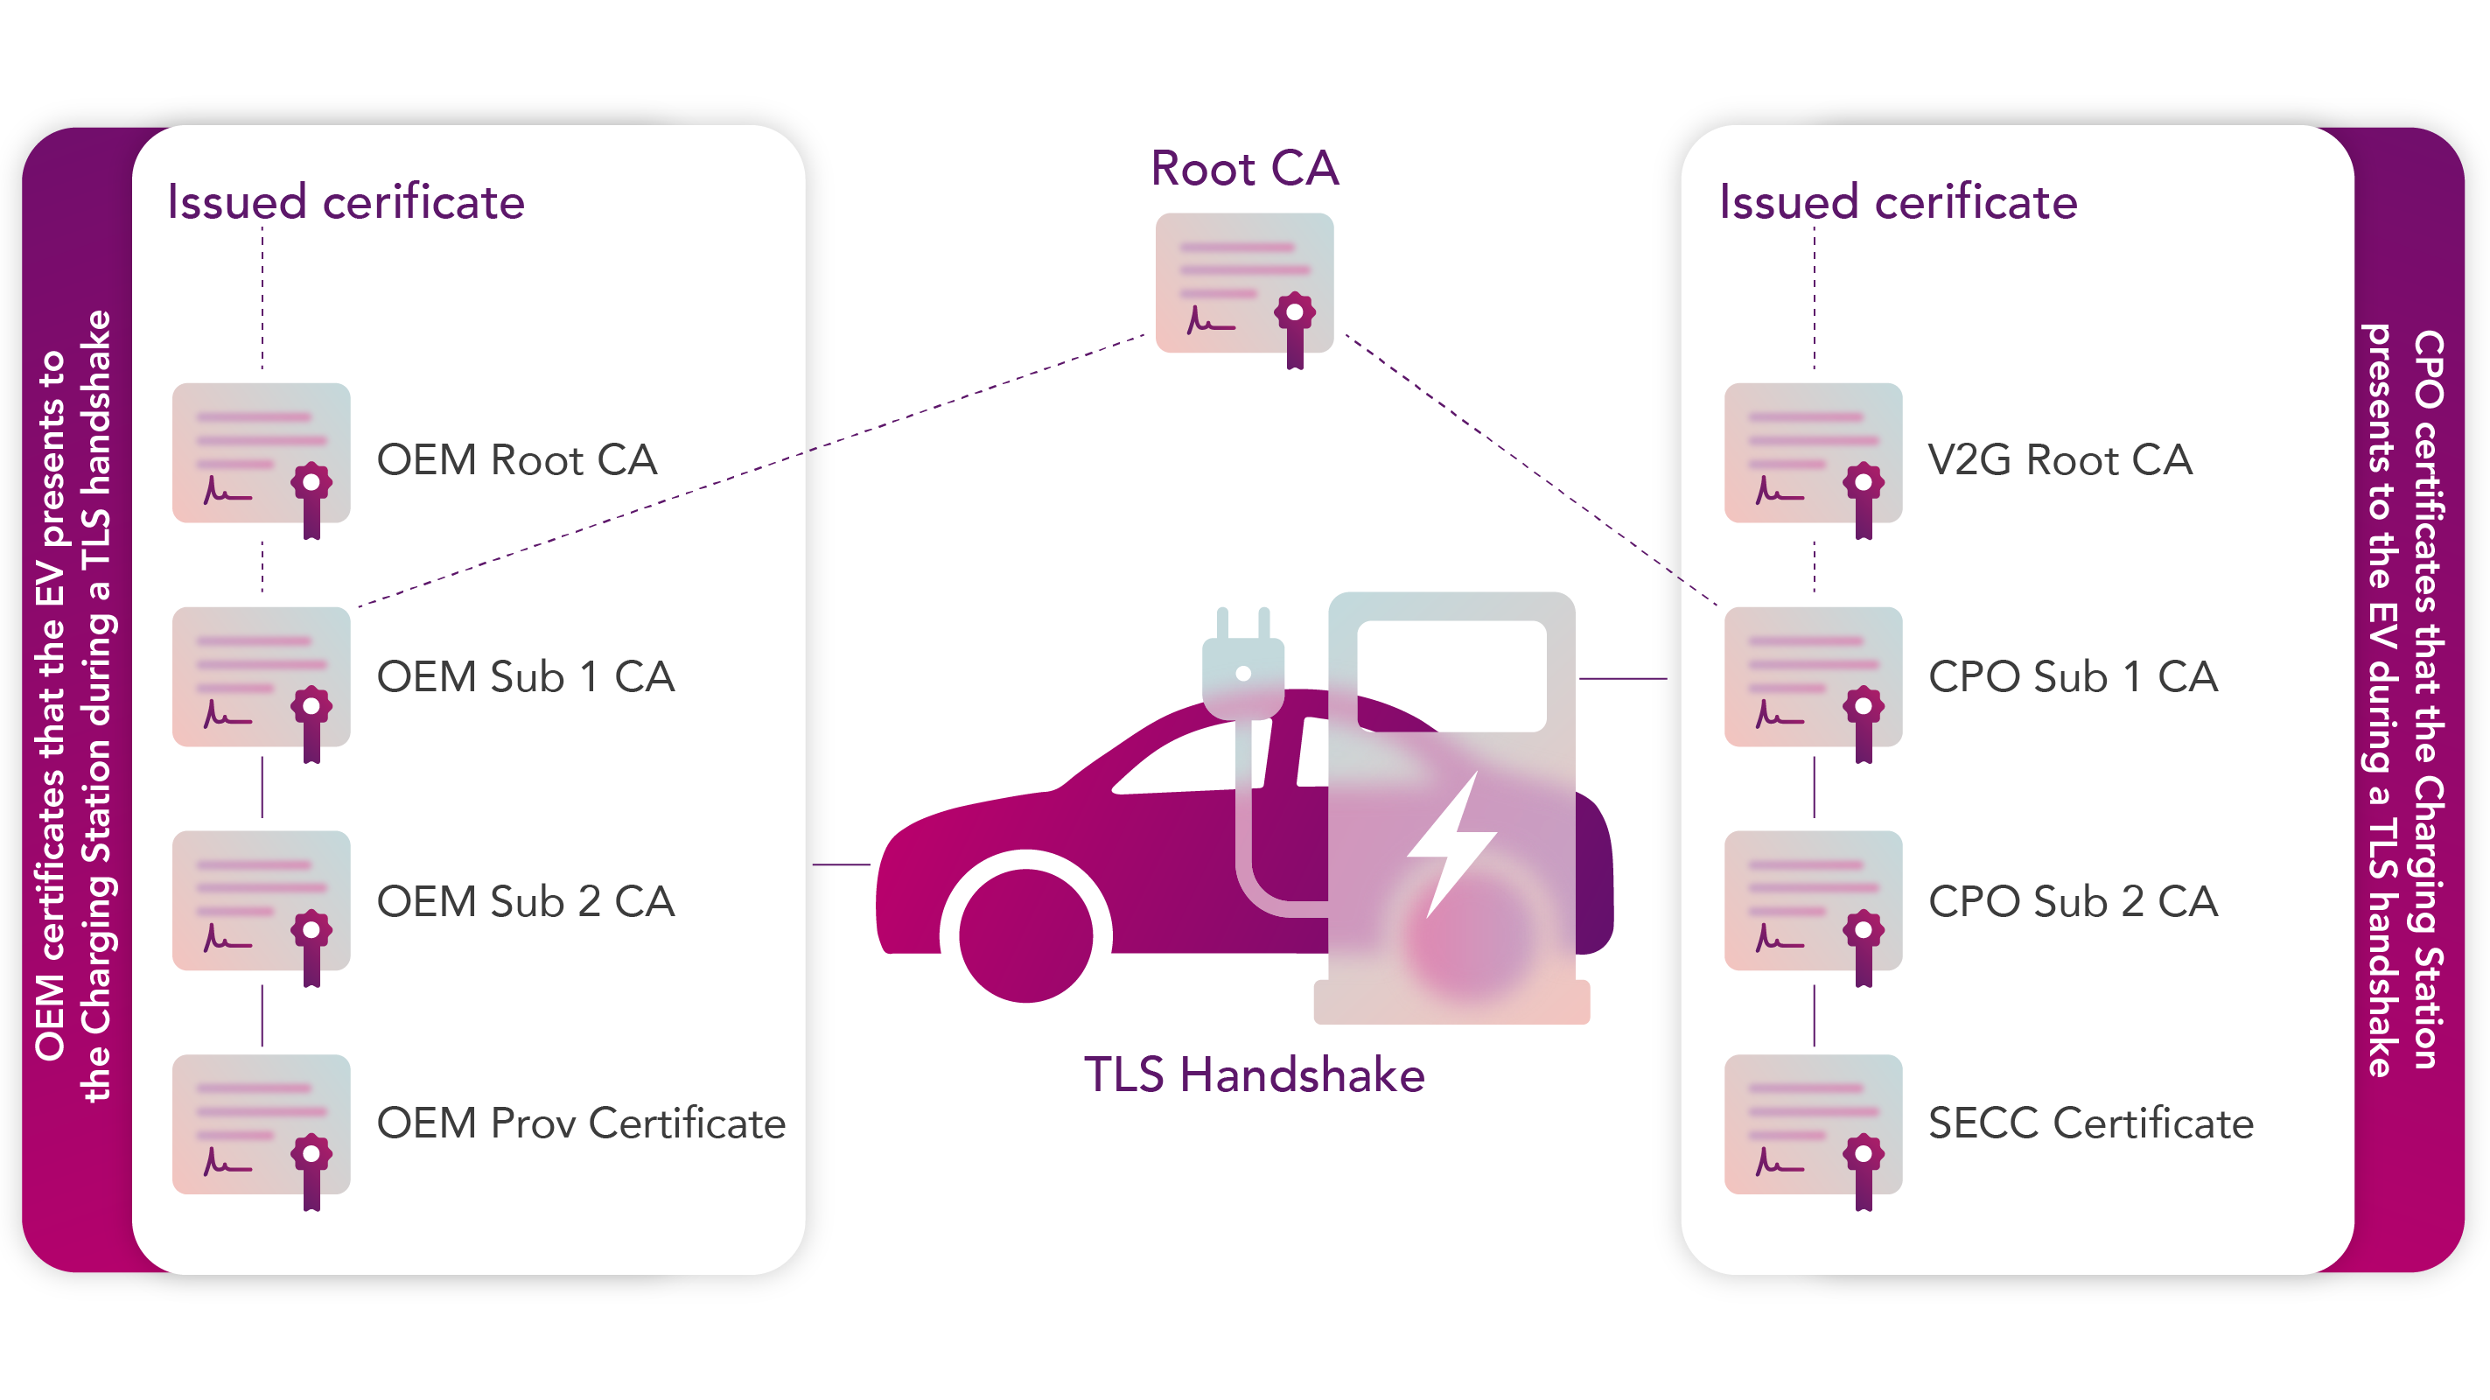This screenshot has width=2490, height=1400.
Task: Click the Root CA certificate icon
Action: pyautogui.click(x=1244, y=283)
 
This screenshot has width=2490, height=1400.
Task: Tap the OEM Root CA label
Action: pyautogui.click(x=516, y=460)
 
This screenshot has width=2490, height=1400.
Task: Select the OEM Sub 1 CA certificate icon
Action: pyautogui.click(x=261, y=676)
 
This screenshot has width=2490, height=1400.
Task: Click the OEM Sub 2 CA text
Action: pyautogui.click(x=525, y=901)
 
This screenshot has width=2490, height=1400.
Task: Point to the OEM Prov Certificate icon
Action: pyautogui.click(x=261, y=1124)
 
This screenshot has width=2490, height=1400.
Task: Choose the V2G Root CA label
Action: pyautogui.click(x=2060, y=460)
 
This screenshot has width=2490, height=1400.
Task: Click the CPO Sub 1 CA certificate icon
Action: pyautogui.click(x=1814, y=676)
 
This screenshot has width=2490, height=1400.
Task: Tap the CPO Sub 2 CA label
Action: pyautogui.click(x=2073, y=901)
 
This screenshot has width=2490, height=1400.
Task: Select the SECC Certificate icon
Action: pyautogui.click(x=1814, y=1124)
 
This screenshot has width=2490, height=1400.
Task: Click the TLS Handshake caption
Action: pyautogui.click(x=1254, y=1075)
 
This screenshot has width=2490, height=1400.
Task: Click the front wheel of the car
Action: pyautogui.click(x=1025, y=935)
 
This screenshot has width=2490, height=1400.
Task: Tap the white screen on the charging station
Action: pyautogui.click(x=1451, y=675)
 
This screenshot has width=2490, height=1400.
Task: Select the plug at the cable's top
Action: pyautogui.click(x=1243, y=667)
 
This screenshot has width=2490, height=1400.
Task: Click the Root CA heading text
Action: pyautogui.click(x=1244, y=169)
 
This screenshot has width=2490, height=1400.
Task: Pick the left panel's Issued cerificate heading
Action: pyautogui.click(x=345, y=202)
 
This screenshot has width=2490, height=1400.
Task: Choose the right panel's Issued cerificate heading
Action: pyautogui.click(x=1898, y=202)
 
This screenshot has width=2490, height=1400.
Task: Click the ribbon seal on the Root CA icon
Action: pyautogui.click(x=1294, y=325)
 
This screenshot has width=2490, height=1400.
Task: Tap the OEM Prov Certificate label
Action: pyautogui.click(x=581, y=1123)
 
